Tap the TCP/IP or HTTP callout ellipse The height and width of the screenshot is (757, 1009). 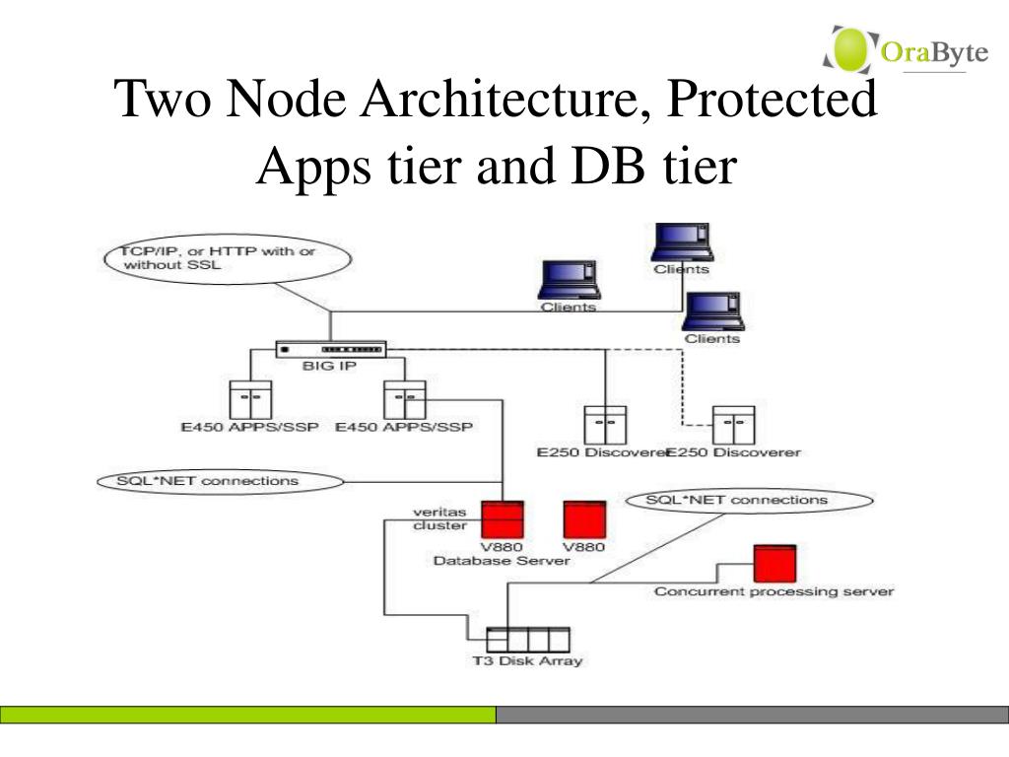(x=226, y=258)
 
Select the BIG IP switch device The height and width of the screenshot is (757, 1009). (x=331, y=349)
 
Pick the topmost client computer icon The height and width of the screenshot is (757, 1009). (x=683, y=242)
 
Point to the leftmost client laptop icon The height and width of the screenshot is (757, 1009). (x=569, y=280)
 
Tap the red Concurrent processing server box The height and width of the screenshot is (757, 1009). (x=774, y=563)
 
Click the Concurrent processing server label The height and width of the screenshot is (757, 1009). (x=774, y=591)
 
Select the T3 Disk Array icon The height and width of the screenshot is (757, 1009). (x=528, y=638)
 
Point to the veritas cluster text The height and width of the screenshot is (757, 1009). (x=437, y=518)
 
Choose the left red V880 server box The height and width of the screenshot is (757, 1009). (x=503, y=519)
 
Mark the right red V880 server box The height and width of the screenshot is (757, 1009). (x=583, y=519)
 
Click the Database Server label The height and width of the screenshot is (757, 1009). (x=502, y=560)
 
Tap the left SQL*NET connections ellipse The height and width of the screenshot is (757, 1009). (x=218, y=482)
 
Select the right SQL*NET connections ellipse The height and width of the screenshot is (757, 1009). (x=736, y=500)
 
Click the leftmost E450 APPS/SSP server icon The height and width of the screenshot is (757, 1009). (x=250, y=399)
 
